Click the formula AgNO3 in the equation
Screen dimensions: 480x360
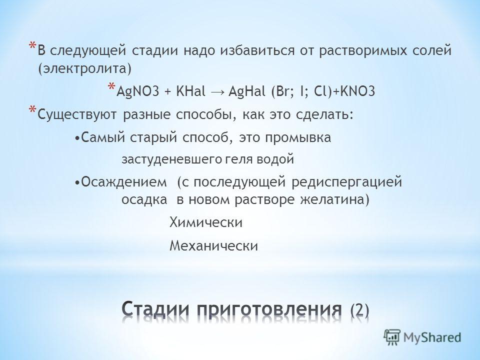(138, 91)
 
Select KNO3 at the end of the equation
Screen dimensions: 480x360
(357, 91)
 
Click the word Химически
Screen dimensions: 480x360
(206, 222)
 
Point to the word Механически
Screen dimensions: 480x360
(213, 246)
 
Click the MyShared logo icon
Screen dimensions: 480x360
(392, 337)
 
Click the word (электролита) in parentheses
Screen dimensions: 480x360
(85, 69)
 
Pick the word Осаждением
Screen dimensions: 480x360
(124, 182)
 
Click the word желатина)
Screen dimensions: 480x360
(334, 200)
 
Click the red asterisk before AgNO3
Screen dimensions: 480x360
(111, 86)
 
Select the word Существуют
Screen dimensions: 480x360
(77, 115)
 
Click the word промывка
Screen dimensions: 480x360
(298, 138)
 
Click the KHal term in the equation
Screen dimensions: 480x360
(190, 91)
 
